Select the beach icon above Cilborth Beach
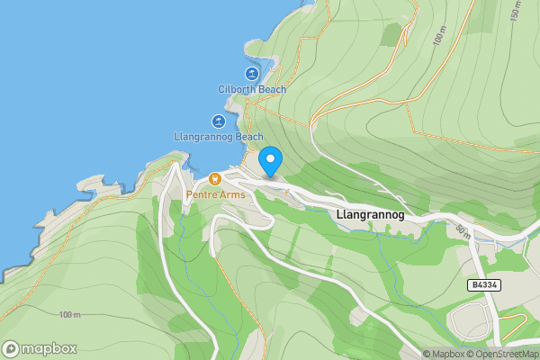coord(252,74)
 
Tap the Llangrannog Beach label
coord(218,137)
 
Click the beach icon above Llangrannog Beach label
coord(218,121)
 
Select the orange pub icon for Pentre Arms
coord(214,179)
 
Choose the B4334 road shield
coord(485,284)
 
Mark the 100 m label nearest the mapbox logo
coord(69,314)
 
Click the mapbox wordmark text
coord(49,349)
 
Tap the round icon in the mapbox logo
coord(11,349)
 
